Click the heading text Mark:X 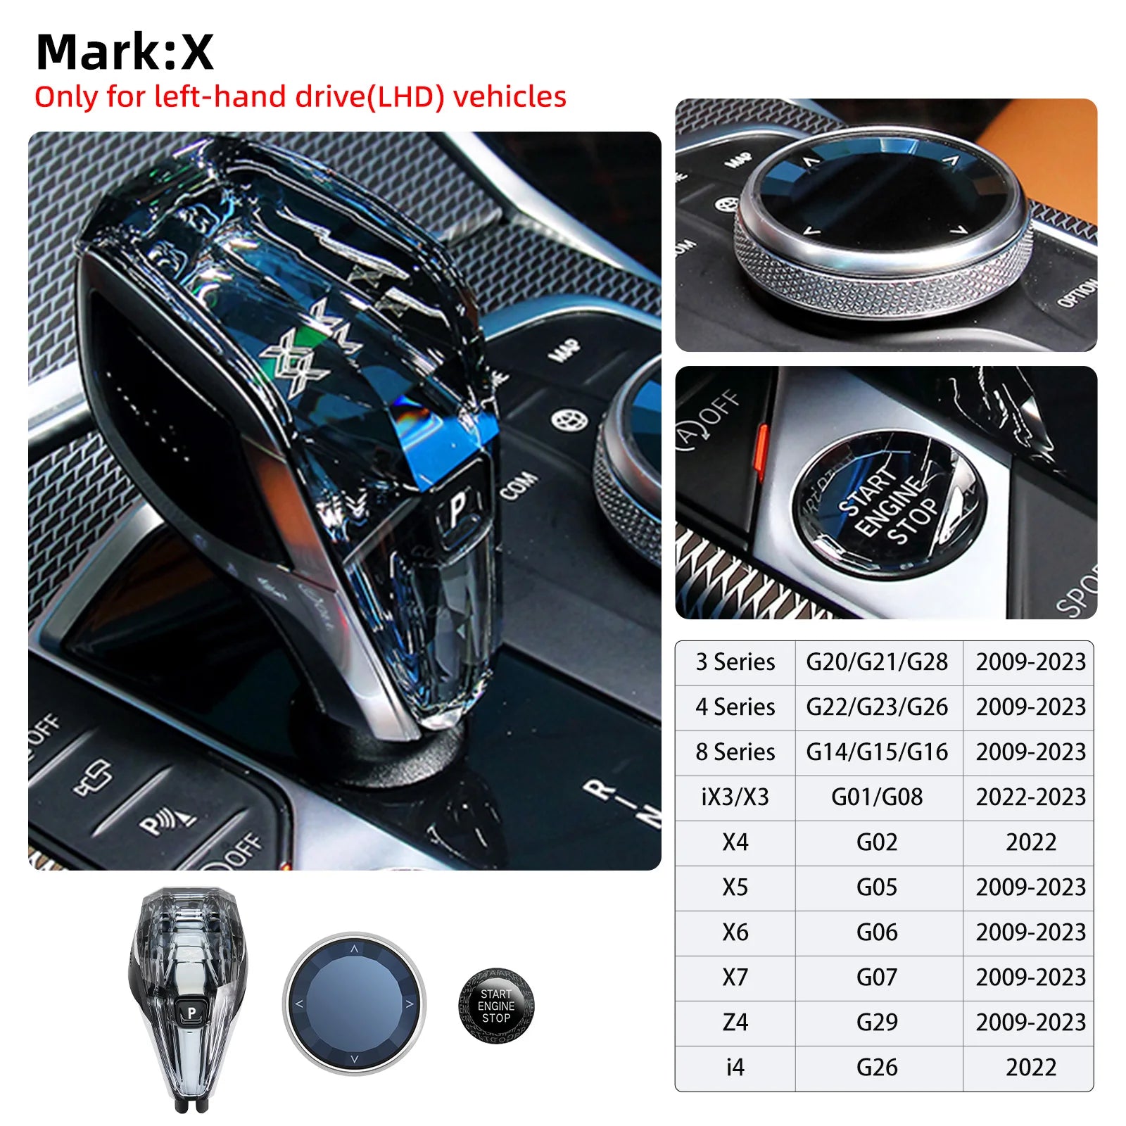(x=125, y=52)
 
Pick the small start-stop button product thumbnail (x=496, y=1006)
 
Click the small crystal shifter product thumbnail (x=189, y=1000)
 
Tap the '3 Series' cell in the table (x=735, y=662)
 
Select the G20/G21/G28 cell (x=877, y=662)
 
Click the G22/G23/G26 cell (x=877, y=707)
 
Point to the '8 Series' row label (x=735, y=752)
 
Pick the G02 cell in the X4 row (x=877, y=842)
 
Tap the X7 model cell (x=735, y=978)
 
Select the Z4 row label (x=735, y=1023)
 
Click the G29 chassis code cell (x=877, y=1023)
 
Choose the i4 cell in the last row (x=735, y=1068)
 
